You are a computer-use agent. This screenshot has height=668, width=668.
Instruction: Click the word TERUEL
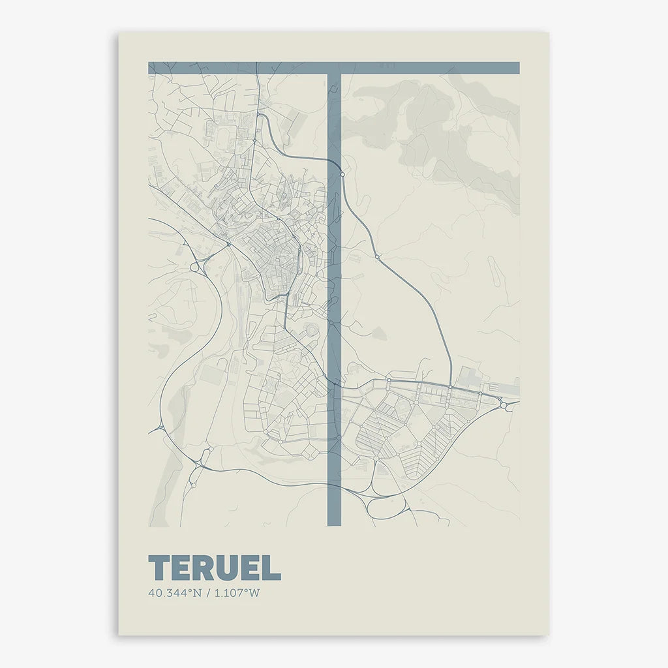[x=215, y=568]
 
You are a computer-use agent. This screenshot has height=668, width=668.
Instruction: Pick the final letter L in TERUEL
[x=273, y=568]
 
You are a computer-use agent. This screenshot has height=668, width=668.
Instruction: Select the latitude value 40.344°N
[x=172, y=594]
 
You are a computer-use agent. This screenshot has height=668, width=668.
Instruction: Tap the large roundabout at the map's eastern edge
[x=506, y=405]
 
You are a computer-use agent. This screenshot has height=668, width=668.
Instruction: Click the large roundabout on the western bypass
[x=194, y=267]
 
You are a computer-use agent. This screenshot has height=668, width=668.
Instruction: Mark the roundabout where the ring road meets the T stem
[x=342, y=174]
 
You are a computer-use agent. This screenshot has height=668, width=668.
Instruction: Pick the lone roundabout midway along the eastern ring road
[x=377, y=257]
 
